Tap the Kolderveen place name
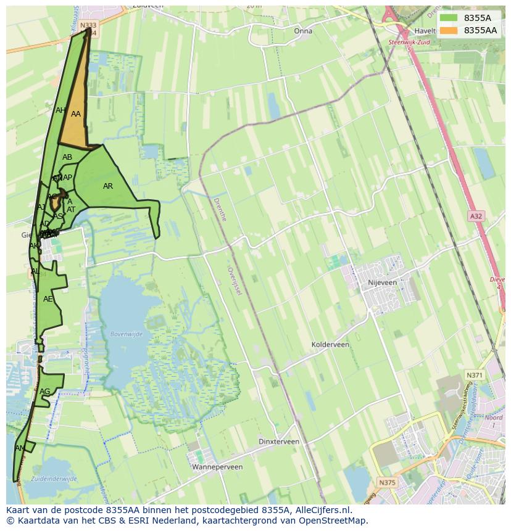coord(330,345)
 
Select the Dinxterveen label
coord(279,442)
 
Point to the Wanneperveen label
coord(217,467)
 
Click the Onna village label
coord(303,31)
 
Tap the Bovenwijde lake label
coord(127,334)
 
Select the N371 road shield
coord(474,375)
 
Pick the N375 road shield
coord(387,482)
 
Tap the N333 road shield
coord(88,25)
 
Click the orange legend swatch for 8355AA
coord(449,30)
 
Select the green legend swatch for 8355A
coord(449,18)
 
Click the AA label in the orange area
coord(76,114)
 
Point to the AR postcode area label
coord(108,186)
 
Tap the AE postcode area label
coord(48,299)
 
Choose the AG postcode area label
coord(44,392)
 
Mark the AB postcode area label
coord(67,157)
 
